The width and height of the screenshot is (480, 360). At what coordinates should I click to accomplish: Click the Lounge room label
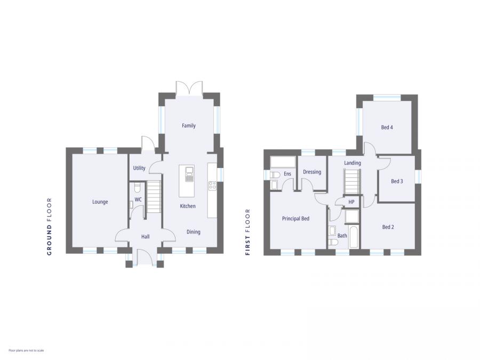click(100, 202)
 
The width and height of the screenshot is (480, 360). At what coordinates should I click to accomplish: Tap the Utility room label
click(139, 168)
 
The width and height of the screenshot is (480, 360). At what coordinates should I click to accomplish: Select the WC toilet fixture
click(137, 187)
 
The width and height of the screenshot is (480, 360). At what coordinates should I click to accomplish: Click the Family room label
click(189, 126)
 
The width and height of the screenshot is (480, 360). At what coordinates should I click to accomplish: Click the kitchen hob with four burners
click(212, 186)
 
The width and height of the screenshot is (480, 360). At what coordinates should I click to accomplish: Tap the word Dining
click(193, 231)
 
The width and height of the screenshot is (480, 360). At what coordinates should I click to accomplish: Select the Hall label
click(145, 236)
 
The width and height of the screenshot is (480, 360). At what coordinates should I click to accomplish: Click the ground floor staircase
click(154, 196)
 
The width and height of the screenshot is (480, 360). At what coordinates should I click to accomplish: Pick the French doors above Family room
click(189, 88)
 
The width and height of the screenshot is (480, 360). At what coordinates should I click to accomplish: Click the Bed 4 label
click(387, 127)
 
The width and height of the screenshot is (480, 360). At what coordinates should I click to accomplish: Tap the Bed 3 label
click(397, 181)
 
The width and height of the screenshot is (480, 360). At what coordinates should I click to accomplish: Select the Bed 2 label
click(388, 227)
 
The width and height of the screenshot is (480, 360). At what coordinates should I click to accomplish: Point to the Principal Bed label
click(295, 219)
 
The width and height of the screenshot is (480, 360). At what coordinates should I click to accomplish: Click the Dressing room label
click(312, 172)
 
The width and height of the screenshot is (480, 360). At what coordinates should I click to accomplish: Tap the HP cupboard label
click(351, 202)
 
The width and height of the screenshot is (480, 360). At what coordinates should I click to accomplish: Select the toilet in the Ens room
click(274, 174)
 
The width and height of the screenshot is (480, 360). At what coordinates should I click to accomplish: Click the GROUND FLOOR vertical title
click(50, 226)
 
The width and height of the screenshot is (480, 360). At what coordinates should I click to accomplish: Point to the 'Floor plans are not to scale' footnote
click(26, 350)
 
